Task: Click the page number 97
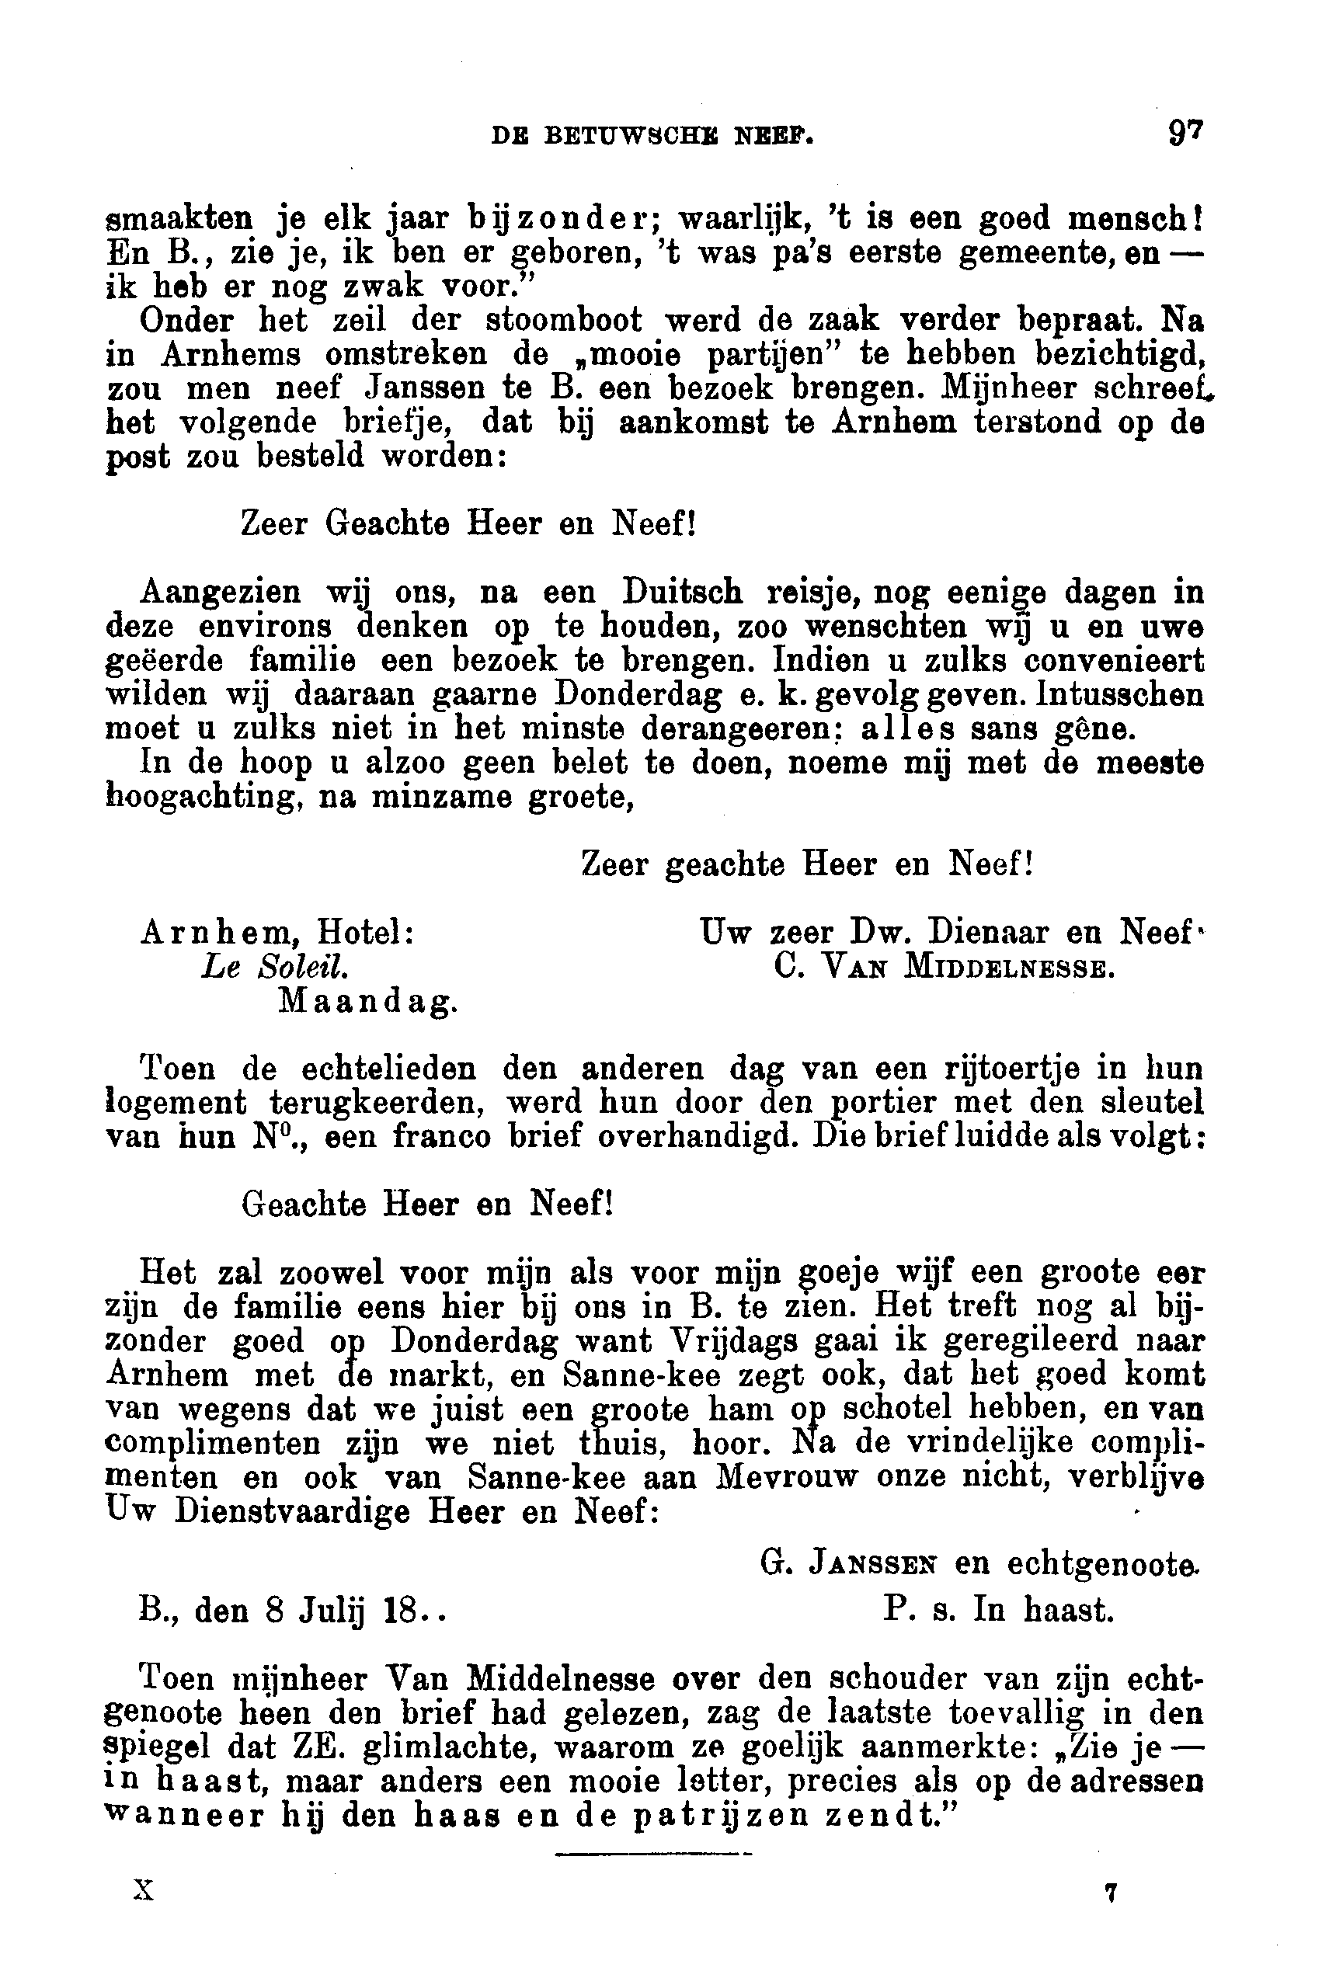point(1185,133)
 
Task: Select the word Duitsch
point(682,592)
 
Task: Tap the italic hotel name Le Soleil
point(273,967)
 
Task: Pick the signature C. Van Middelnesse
point(945,967)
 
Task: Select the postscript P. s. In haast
point(997,1608)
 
